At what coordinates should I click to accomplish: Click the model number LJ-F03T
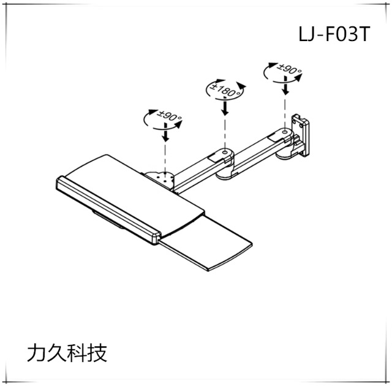click(x=334, y=34)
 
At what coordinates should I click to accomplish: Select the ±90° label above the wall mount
click(x=285, y=71)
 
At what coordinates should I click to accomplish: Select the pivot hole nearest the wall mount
click(x=284, y=131)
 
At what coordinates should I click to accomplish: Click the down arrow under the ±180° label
click(x=225, y=108)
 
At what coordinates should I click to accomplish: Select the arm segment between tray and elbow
click(x=196, y=167)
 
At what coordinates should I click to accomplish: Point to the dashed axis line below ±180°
click(x=225, y=132)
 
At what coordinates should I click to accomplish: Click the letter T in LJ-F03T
click(x=363, y=34)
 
